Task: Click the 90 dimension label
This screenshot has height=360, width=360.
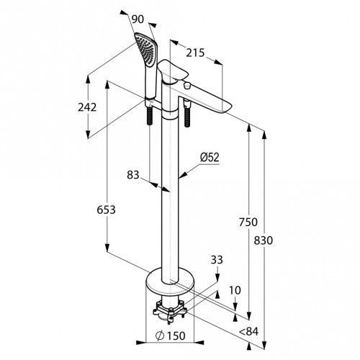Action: (x=138, y=19)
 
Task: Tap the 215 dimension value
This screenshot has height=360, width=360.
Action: (x=195, y=53)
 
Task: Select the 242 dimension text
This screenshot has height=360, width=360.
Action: (x=87, y=107)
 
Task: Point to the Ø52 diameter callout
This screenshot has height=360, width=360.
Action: (x=210, y=158)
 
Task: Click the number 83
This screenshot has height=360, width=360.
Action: (x=133, y=175)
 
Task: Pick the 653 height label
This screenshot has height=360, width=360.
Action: (x=106, y=210)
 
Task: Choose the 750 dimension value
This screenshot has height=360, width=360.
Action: (x=248, y=222)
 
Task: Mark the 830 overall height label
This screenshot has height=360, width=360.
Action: (x=264, y=240)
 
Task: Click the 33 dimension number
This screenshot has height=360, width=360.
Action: (x=217, y=260)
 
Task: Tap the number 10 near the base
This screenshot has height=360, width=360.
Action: (x=235, y=290)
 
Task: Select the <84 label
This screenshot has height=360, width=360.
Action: (x=248, y=331)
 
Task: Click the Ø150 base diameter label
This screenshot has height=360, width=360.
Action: (x=171, y=336)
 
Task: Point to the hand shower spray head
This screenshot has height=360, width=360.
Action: (x=146, y=49)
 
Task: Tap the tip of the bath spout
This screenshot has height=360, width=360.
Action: (x=228, y=107)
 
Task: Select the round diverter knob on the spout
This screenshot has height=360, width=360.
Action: (x=186, y=85)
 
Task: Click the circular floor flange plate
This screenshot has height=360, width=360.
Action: (x=170, y=282)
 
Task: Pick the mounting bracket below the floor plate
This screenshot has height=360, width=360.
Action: (x=169, y=310)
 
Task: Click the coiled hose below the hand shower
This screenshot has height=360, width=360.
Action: (x=149, y=116)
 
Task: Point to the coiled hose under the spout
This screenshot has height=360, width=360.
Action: (x=186, y=117)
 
